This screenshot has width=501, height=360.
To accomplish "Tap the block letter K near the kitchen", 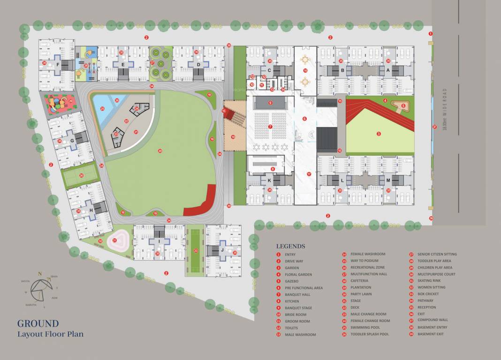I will (269, 180).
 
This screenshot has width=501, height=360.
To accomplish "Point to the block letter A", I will (387, 70).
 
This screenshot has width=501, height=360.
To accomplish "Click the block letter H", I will (91, 210).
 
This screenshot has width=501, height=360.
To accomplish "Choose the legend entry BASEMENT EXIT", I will (430, 334).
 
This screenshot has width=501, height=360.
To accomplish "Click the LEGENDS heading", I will (290, 246).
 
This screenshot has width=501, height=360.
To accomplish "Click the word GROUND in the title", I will (38, 323).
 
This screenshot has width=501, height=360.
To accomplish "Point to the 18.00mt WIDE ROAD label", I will (445, 110).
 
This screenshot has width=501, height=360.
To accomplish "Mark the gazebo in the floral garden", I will (399, 105).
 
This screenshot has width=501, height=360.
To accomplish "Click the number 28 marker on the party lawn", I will (160, 150).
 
